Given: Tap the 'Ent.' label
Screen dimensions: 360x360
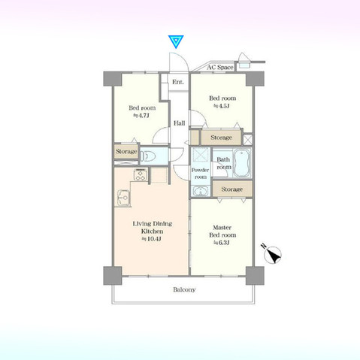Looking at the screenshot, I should [177, 82].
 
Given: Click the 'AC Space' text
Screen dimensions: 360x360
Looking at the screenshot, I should [221, 67].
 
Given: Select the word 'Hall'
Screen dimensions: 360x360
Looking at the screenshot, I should [180, 123].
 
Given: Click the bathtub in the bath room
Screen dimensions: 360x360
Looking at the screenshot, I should [242, 162].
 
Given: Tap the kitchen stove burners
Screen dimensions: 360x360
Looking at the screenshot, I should [138, 177].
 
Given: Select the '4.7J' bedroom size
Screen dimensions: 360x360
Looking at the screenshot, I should [141, 116].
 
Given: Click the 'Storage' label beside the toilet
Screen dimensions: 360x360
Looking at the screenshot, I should [126, 152].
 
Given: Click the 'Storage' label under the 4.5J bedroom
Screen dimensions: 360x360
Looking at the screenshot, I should [221, 138].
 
